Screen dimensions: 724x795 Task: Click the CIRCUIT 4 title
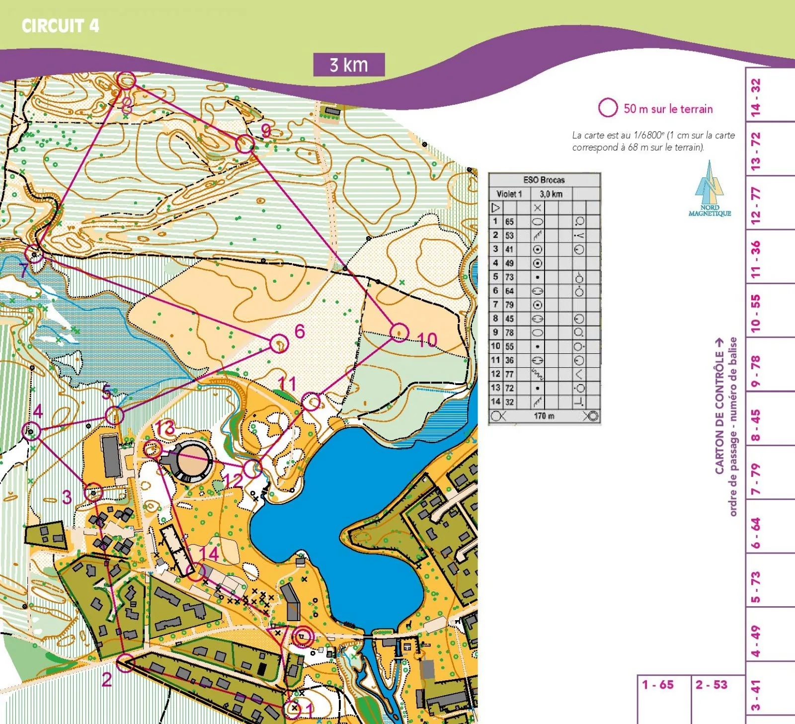pyautogui.click(x=60, y=25)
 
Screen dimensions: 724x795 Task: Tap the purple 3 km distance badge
pyautogui.click(x=349, y=65)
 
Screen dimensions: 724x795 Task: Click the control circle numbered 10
pyautogui.click(x=399, y=332)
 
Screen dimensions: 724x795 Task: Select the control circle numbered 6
pyautogui.click(x=279, y=343)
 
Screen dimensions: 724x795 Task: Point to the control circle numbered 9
pyautogui.click(x=245, y=144)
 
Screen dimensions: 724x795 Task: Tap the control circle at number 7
pyautogui.click(x=34, y=254)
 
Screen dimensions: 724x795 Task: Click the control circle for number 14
pyautogui.click(x=195, y=572)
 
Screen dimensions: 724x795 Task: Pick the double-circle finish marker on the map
pyautogui.click(x=302, y=636)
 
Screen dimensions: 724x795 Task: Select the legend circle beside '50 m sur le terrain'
pyautogui.click(x=607, y=107)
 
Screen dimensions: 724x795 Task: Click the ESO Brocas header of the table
pyautogui.click(x=544, y=180)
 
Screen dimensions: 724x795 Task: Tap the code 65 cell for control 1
pyautogui.click(x=509, y=222)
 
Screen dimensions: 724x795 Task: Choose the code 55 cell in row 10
pyautogui.click(x=509, y=346)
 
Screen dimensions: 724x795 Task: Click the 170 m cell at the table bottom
pyautogui.click(x=544, y=416)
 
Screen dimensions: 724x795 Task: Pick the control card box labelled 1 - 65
pyautogui.click(x=664, y=698)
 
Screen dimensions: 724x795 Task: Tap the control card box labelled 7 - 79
pyautogui.click(x=770, y=472)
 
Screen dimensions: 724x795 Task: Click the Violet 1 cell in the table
pyautogui.click(x=509, y=194)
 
